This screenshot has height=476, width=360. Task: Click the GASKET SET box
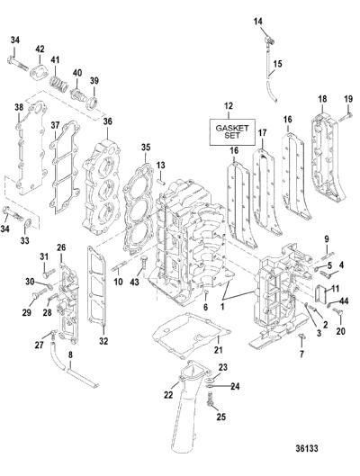tap(232, 132)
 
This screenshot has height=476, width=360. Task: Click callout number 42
tap(40, 49)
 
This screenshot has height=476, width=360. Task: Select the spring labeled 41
tap(58, 84)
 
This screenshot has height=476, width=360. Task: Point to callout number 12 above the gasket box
tap(229, 106)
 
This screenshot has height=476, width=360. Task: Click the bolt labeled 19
tap(346, 118)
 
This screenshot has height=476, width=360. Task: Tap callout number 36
tap(107, 121)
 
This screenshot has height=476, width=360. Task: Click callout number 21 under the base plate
tap(218, 350)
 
